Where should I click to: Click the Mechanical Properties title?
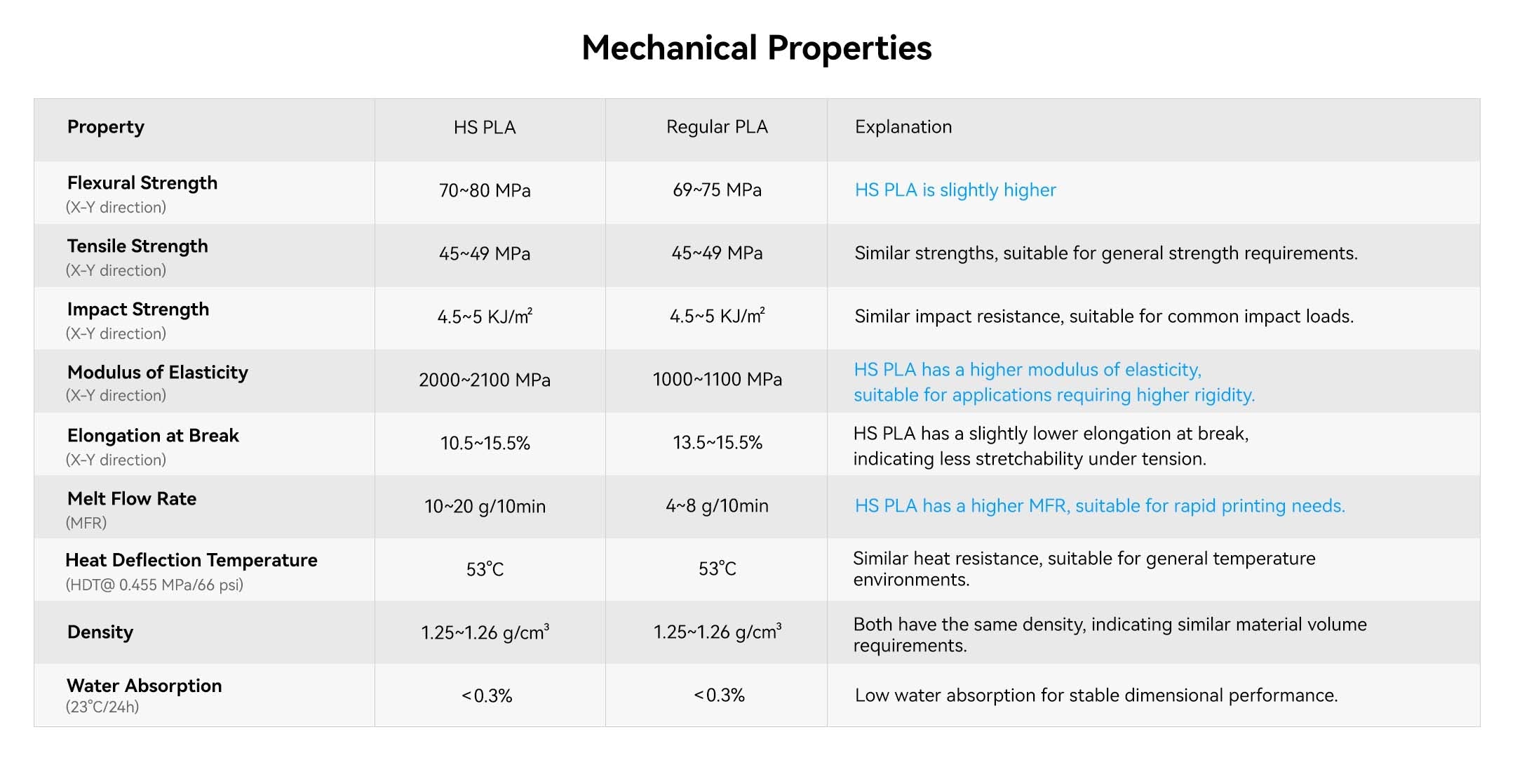[x=757, y=48]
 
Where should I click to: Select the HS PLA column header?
[x=485, y=127]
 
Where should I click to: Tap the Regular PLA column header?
[x=717, y=127]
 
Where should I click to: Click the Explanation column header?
[x=903, y=127]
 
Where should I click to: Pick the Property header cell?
[x=106, y=127]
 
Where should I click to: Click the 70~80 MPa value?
[x=485, y=190]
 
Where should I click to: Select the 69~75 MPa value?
[x=717, y=190]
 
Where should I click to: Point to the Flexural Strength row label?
[x=142, y=183]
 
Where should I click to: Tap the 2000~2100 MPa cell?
[x=485, y=380]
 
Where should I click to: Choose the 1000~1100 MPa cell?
[x=717, y=380]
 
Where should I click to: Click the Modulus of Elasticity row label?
[x=158, y=373]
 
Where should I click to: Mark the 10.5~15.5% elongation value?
[x=485, y=443]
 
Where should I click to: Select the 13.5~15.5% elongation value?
[x=717, y=443]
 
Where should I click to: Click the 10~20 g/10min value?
[x=485, y=506]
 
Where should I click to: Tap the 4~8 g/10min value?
[x=717, y=506]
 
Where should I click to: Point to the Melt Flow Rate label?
[x=132, y=499]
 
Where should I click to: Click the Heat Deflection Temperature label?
[x=191, y=560]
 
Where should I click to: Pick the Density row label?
[x=100, y=632]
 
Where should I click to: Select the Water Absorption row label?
[x=144, y=686]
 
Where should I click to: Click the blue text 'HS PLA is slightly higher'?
[x=955, y=190]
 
